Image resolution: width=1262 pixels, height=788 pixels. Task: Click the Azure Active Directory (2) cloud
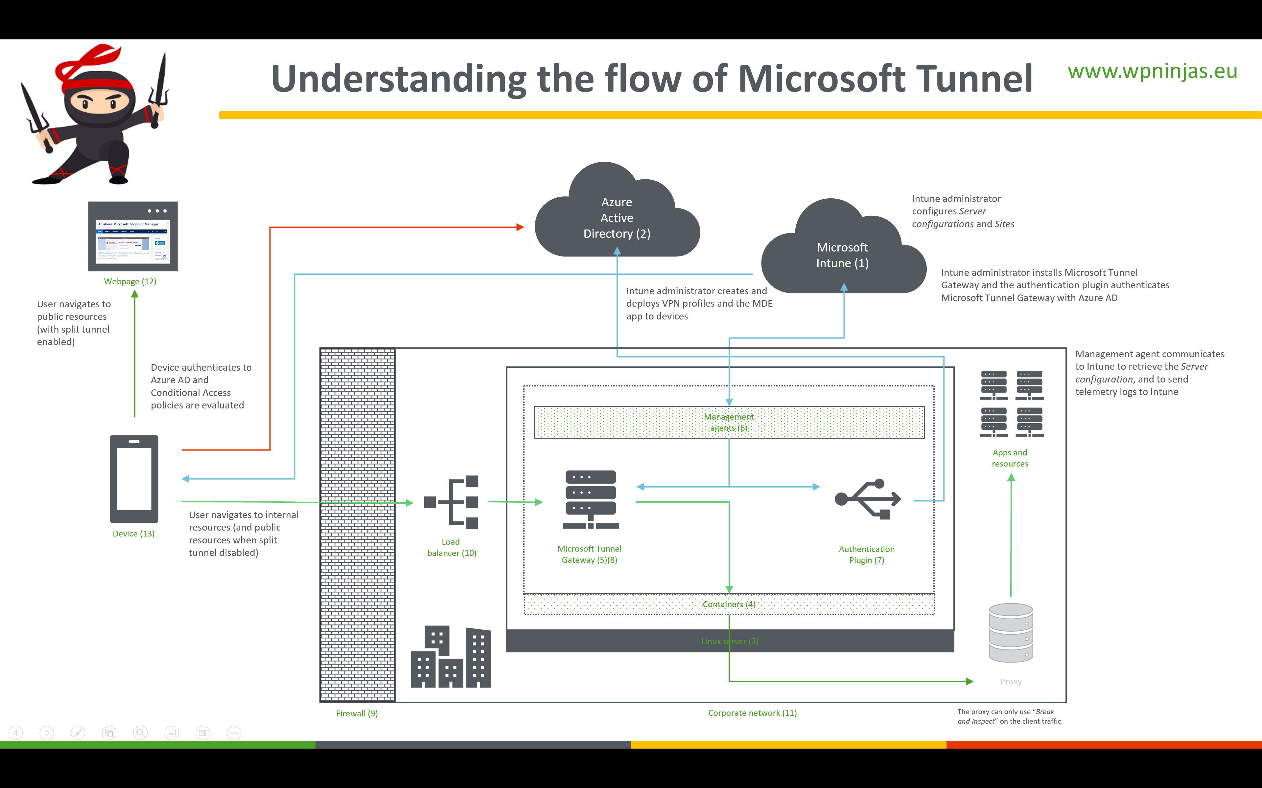coord(617,218)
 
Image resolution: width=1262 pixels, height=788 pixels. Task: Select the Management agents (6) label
coord(729,422)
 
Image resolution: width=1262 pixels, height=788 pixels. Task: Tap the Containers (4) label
coord(729,604)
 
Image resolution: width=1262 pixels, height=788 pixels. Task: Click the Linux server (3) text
coord(730,641)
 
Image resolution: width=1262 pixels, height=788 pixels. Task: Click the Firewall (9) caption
coord(357,713)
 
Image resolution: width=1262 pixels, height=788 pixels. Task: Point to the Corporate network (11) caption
coord(752,713)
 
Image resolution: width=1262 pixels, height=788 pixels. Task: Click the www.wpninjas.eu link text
coord(1153,71)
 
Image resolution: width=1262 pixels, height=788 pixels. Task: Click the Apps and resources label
coord(1010,458)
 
